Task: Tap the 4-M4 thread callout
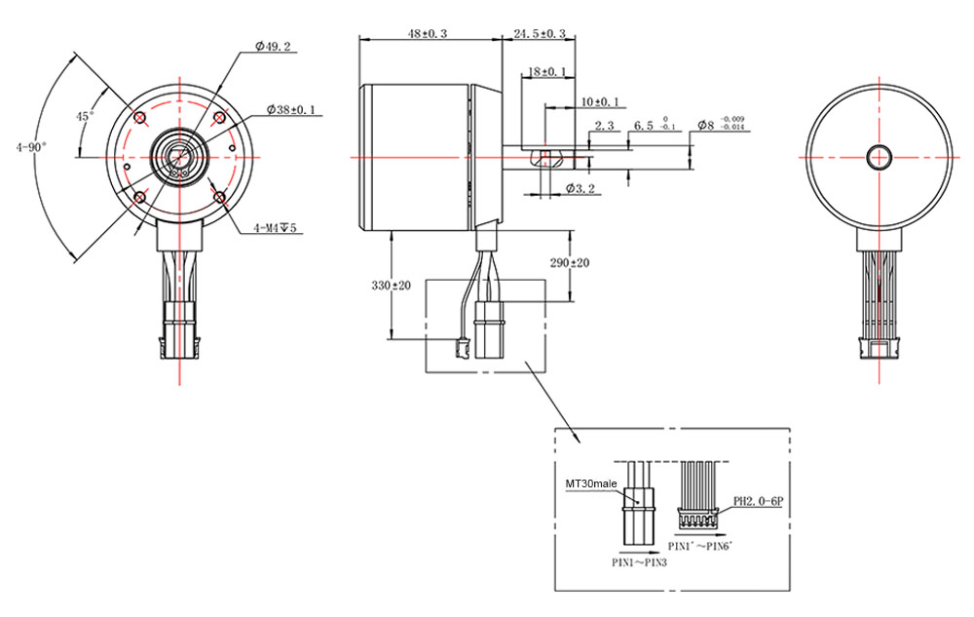point(276,228)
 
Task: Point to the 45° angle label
point(86,116)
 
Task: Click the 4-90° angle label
point(31,147)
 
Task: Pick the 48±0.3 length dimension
point(428,33)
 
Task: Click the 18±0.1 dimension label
point(545,72)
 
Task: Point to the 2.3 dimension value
point(603,126)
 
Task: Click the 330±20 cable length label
point(391,286)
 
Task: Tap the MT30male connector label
point(591,482)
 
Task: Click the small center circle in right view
point(880,156)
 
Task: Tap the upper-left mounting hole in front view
point(140,118)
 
